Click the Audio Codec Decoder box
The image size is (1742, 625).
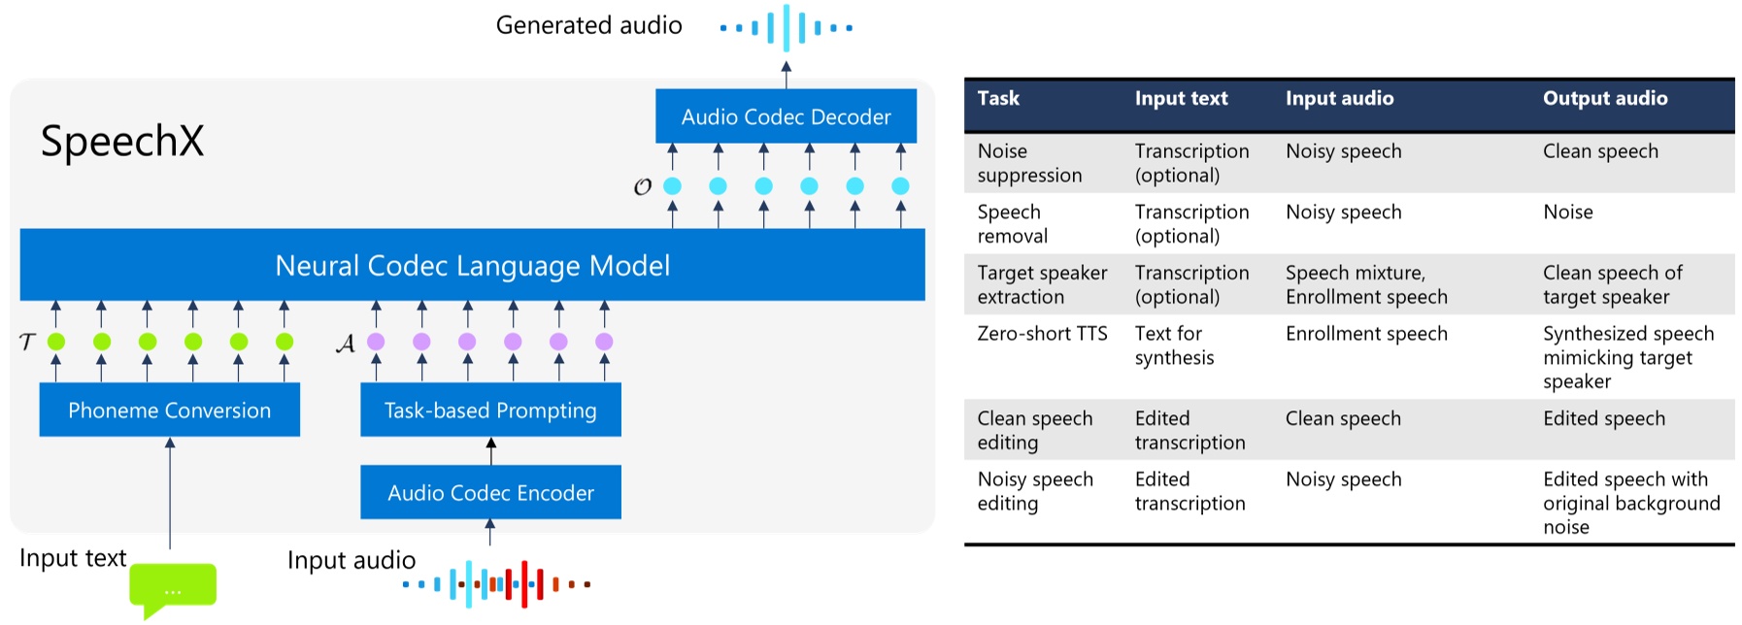[786, 116]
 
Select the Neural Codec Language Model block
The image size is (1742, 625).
[472, 265]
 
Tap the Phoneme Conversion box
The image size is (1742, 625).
[169, 410]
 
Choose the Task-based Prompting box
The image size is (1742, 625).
[490, 410]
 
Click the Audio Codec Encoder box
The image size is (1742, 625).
[490, 492]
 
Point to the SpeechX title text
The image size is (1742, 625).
[122, 142]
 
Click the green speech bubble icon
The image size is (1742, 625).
[173, 586]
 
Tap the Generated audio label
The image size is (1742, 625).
[588, 25]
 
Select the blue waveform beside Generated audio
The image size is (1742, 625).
[786, 27]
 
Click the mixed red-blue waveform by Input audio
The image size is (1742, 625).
[497, 584]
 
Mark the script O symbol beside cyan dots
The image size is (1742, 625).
[642, 186]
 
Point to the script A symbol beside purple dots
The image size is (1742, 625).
[345, 344]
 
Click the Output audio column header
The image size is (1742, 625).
[1604, 98]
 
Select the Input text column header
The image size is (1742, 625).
[1181, 98]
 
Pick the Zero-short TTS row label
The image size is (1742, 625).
[1041, 334]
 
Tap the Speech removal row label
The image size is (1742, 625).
[1012, 224]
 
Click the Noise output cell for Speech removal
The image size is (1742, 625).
[1567, 213]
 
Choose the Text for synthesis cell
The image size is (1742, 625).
[1174, 345]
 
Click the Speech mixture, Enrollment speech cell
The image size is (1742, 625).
[1365, 284]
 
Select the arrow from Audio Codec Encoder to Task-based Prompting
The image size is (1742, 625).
[490, 450]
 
